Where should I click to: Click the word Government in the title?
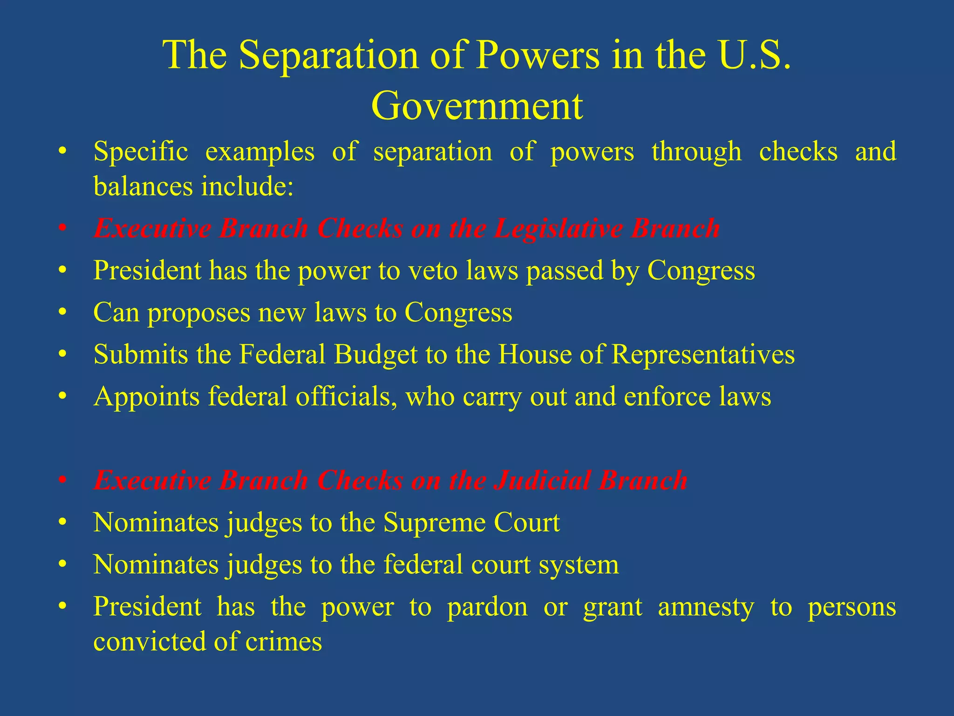point(477,106)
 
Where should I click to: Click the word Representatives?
point(703,354)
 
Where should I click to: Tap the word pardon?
point(487,607)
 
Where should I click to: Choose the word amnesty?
point(706,607)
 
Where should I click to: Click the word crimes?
point(284,641)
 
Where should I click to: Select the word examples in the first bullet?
point(260,152)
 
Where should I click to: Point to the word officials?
point(347,397)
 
